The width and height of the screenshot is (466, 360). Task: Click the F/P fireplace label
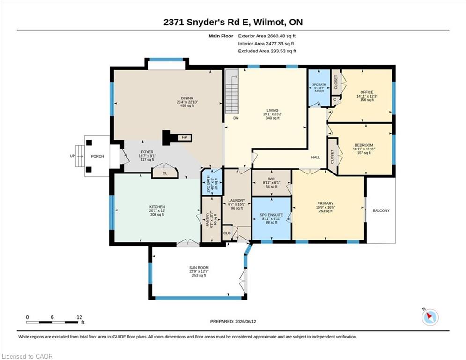click(185, 137)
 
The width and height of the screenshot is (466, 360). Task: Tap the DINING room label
click(187, 98)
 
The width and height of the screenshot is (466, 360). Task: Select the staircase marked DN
click(232, 91)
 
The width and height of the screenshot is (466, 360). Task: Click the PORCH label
click(97, 156)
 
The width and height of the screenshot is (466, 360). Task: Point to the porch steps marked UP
click(80, 156)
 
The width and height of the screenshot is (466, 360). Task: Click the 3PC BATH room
click(319, 88)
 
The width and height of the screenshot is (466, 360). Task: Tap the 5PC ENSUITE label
click(271, 215)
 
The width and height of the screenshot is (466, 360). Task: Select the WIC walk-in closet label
click(271, 179)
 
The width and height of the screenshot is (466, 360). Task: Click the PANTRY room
click(211, 219)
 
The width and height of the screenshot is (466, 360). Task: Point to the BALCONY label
click(381, 210)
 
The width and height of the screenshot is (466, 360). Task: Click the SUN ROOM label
click(199, 268)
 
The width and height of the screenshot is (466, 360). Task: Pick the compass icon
click(430, 317)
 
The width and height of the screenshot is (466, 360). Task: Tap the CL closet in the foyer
click(165, 173)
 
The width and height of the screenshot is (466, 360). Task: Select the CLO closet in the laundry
click(227, 233)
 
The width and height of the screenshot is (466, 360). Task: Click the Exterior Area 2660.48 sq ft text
click(267, 36)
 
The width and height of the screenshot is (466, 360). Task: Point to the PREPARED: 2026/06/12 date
click(233, 321)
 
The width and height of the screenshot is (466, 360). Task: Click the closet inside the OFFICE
click(336, 82)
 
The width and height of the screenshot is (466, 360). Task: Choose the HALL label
click(316, 157)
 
